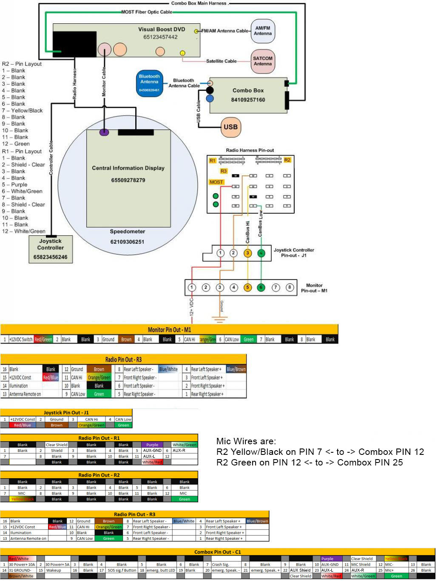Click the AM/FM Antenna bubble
pos(262,31)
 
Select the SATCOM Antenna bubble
pos(262,61)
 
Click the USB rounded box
pos(230,127)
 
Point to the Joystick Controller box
pos(51,248)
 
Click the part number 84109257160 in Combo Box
pos(248,100)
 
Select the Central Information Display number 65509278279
pos(128,180)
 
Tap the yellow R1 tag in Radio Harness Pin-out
pos(213,161)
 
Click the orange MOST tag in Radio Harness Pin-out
pos(216,182)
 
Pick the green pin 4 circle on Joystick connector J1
pos(261,253)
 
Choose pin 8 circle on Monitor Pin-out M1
pos(290,288)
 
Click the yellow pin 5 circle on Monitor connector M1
pos(247,288)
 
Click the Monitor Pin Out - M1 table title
pos(169,330)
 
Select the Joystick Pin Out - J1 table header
pos(66,412)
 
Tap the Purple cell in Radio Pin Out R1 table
pos(152,445)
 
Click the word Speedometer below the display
pos(128,231)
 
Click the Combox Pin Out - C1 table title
pos(217,552)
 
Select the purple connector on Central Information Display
pos(104,132)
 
